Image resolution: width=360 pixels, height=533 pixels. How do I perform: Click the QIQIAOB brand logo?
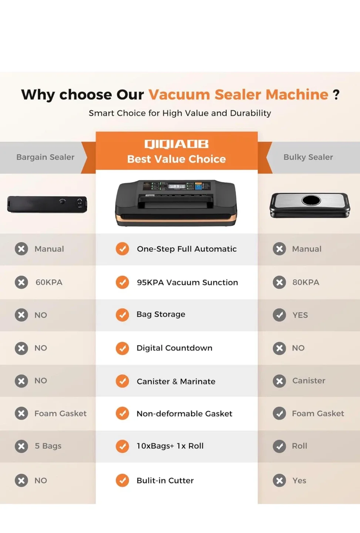(176, 144)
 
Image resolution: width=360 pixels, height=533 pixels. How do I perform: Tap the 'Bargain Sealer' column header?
(45, 157)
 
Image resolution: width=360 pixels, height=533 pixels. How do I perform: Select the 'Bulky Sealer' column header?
(308, 157)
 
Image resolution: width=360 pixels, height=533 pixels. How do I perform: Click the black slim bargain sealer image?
(47, 204)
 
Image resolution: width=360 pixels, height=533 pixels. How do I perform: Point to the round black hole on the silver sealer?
(311, 200)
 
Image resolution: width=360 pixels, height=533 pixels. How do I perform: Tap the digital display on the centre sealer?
(177, 186)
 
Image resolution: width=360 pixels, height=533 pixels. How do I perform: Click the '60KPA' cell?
(49, 282)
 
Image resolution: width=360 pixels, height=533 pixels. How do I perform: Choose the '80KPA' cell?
(306, 282)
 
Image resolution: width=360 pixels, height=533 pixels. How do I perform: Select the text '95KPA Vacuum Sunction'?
(187, 282)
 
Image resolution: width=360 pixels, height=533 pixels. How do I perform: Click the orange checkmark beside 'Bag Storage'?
(122, 315)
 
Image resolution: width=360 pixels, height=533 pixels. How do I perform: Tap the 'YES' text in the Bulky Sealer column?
(300, 315)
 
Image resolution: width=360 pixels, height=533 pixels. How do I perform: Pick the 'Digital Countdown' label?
(174, 348)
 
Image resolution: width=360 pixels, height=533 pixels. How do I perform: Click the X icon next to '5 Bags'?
(21, 446)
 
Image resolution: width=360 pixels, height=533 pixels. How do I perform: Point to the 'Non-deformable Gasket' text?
(184, 413)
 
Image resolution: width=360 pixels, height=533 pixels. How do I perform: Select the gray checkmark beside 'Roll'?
(279, 446)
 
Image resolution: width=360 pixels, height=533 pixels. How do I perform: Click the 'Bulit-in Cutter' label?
(165, 480)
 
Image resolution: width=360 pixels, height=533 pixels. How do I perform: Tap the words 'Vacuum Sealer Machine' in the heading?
(238, 95)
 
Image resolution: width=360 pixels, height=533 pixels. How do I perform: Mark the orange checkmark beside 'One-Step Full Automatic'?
(122, 249)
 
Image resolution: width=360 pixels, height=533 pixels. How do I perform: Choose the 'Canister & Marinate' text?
(176, 381)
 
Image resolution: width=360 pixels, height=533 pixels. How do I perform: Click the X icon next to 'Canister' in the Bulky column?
(279, 381)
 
